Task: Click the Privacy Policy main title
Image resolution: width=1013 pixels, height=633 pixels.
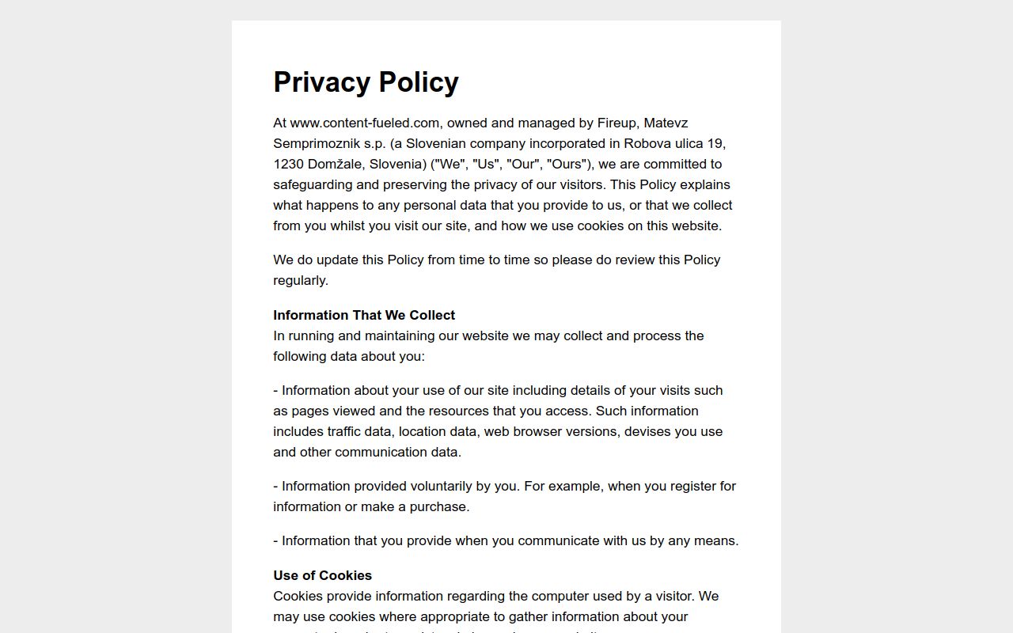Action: click(366, 82)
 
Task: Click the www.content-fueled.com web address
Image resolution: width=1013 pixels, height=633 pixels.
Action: click(364, 123)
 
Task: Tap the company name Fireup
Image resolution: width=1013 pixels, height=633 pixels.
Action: click(617, 123)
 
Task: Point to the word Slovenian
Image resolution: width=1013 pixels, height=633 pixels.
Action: click(436, 143)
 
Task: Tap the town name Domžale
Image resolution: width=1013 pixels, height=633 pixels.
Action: click(338, 164)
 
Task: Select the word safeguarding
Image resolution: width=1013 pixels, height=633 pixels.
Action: click(313, 184)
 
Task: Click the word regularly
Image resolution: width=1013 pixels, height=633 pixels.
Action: click(300, 280)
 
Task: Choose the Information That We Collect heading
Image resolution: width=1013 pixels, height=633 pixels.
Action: click(364, 315)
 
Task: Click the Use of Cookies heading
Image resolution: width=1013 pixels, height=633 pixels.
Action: click(322, 575)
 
